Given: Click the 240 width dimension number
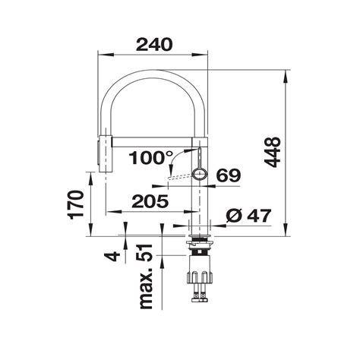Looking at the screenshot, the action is (x=154, y=45).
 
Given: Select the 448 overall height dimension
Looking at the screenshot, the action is (x=272, y=153).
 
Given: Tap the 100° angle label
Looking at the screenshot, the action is (x=151, y=158).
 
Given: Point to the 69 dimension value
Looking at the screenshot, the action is (x=229, y=175).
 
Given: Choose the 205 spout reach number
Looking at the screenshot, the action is (x=150, y=201).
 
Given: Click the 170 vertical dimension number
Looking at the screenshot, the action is (x=75, y=204).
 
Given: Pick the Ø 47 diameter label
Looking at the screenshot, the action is (x=248, y=216).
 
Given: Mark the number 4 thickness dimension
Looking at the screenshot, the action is (x=112, y=256).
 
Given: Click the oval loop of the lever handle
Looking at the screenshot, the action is (x=200, y=174).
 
